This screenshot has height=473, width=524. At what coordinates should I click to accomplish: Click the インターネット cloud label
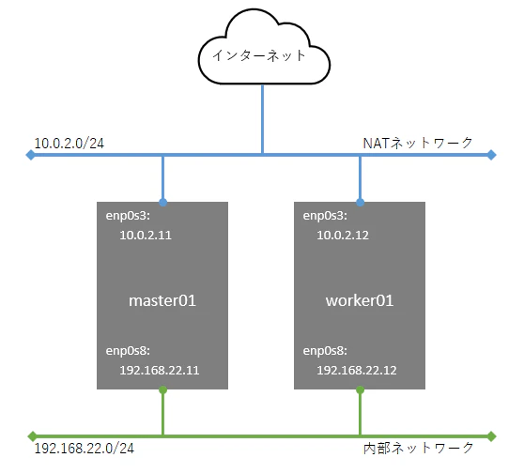259,55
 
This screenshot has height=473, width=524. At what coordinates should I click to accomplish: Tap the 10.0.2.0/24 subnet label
69,144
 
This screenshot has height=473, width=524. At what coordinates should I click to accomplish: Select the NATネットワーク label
418,144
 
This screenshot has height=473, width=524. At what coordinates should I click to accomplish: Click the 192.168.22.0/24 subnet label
85,449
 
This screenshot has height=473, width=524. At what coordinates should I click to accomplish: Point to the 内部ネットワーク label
419,448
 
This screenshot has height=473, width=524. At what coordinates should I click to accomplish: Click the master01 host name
162,300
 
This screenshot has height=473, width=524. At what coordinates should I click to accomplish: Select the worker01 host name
360,300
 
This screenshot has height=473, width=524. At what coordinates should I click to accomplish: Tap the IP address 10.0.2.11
146,236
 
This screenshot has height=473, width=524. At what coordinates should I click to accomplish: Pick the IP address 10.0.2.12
343,236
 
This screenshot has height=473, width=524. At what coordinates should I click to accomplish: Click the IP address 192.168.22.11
160,370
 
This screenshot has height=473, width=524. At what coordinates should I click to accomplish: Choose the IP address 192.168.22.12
357,370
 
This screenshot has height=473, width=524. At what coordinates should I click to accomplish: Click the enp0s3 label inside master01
128,216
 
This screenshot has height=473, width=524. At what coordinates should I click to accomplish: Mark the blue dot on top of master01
162,202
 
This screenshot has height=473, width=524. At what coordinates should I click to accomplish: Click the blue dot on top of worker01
360,202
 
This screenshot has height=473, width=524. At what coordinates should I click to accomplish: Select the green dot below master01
162,389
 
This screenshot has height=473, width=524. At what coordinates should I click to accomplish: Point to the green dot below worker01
360,389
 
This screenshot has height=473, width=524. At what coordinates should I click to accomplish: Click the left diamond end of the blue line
30,155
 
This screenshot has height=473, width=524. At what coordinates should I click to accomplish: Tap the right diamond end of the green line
491,436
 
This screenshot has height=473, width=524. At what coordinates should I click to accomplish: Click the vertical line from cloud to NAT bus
262,119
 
